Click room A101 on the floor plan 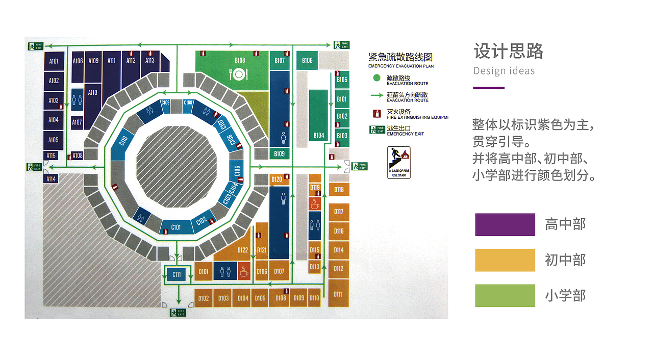point(54,62)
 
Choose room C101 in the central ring point(176,227)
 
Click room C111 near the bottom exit point(177,275)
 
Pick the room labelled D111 point(338,293)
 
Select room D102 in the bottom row point(204,298)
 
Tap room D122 point(243,250)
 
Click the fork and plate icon point(239,74)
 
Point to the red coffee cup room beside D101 point(244,271)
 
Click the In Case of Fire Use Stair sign point(399,163)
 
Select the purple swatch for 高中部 point(505,224)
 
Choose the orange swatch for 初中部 point(505,260)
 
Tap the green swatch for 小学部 point(505,296)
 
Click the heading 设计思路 point(509,52)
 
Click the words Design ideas point(504,71)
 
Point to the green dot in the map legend point(376,78)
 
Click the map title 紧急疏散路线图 point(400,58)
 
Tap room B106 point(307,61)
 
